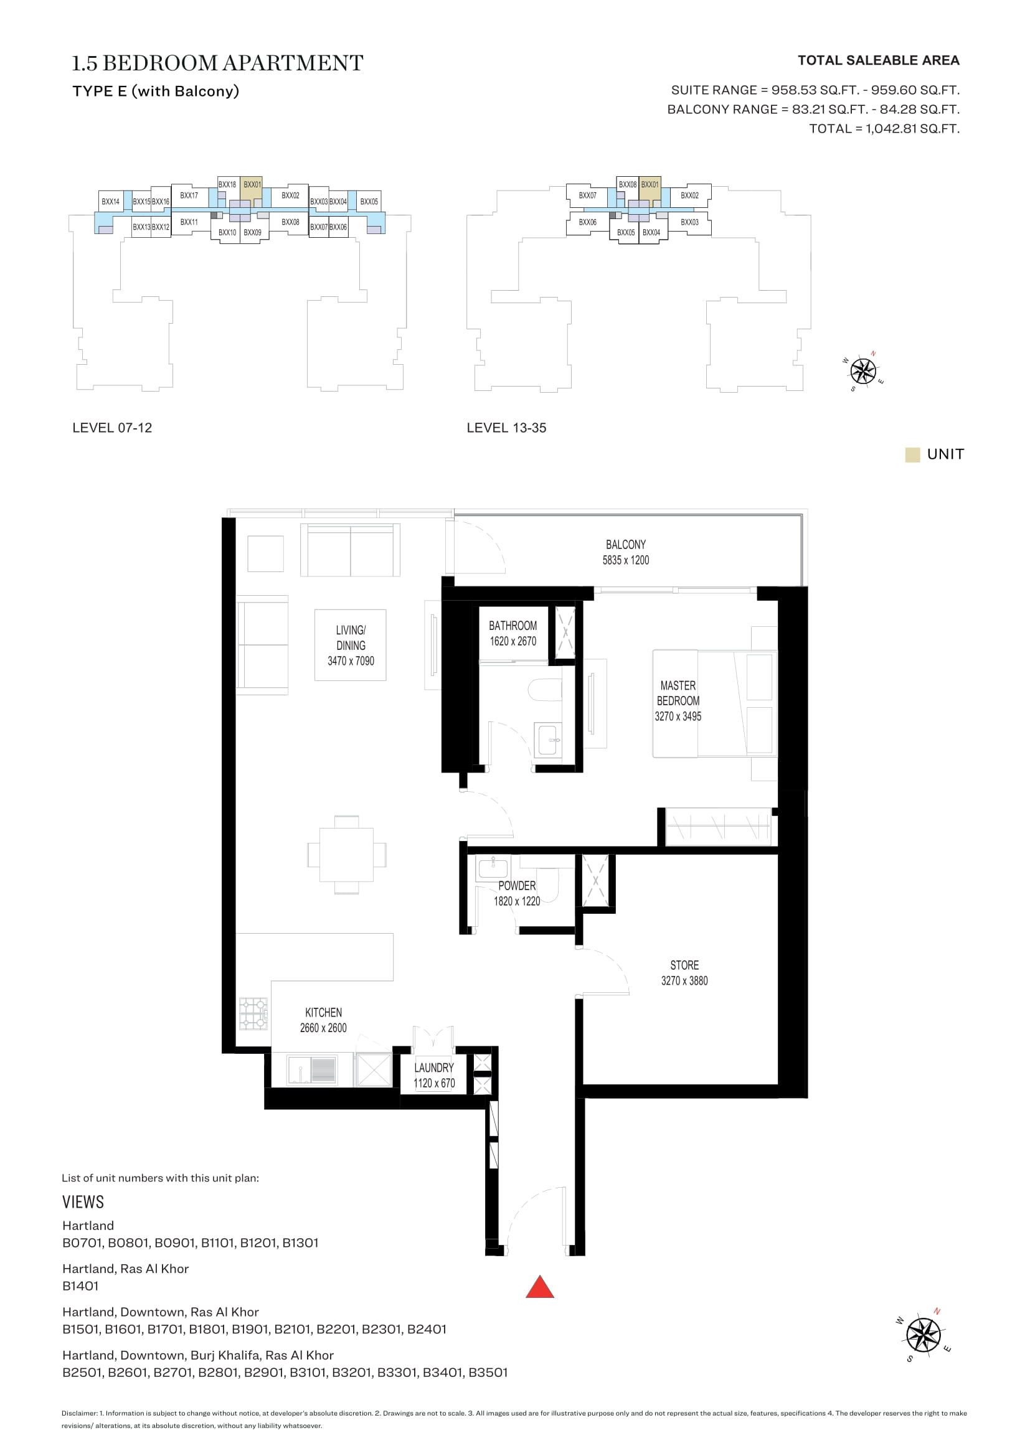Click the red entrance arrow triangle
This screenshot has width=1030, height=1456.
pyautogui.click(x=540, y=1287)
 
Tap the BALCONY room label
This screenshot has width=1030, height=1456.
pyautogui.click(x=625, y=545)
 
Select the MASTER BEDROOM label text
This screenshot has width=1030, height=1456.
pyautogui.click(x=678, y=693)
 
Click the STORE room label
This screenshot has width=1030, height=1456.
pyautogui.click(x=684, y=965)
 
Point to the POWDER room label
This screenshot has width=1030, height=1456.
pyautogui.click(x=517, y=886)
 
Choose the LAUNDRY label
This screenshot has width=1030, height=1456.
pyautogui.click(x=434, y=1068)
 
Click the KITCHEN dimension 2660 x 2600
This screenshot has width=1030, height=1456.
pyautogui.click(x=323, y=1028)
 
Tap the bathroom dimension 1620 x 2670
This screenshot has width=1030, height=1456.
pyautogui.click(x=513, y=641)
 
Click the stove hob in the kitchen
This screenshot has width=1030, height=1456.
pyautogui.click(x=253, y=1013)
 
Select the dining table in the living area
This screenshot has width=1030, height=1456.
pyautogui.click(x=346, y=855)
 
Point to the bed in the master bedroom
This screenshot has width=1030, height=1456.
pyautogui.click(x=715, y=703)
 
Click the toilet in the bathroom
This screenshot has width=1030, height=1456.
pyautogui.click(x=546, y=690)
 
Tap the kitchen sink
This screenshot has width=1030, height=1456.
pyautogui.click(x=311, y=1071)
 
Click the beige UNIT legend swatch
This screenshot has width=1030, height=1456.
pyautogui.click(x=912, y=454)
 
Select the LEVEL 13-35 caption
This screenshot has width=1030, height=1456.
pyautogui.click(x=506, y=428)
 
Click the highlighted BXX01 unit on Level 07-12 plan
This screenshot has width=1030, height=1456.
pyautogui.click(x=252, y=189)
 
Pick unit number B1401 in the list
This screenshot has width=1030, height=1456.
pyautogui.click(x=80, y=1285)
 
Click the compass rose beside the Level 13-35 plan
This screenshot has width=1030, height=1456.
pyautogui.click(x=863, y=371)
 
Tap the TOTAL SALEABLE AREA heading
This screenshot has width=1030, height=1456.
pyautogui.click(x=879, y=60)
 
